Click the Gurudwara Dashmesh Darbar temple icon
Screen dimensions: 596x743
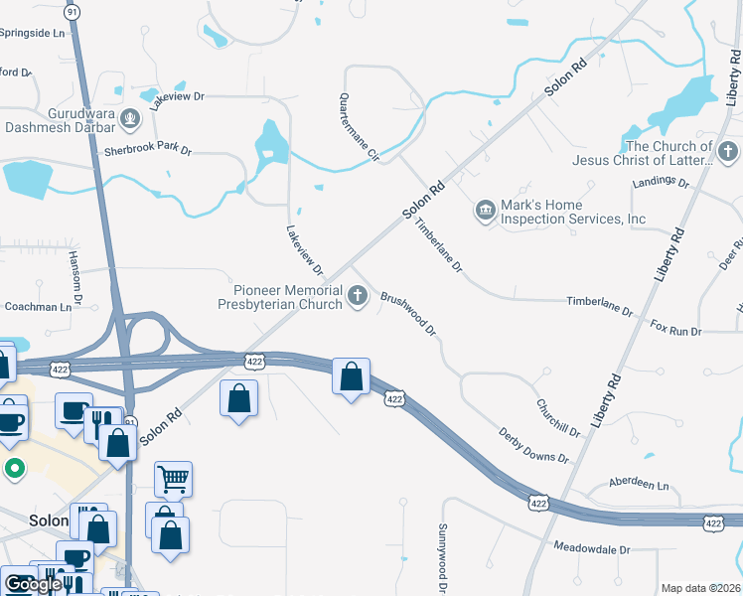(x=129, y=120)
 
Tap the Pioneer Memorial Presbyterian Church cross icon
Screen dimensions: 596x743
(x=358, y=295)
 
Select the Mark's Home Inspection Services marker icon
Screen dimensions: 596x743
(x=485, y=210)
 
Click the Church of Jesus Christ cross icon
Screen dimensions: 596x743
(x=729, y=152)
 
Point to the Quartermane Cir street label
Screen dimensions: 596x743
(x=360, y=127)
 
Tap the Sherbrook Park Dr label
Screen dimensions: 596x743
(x=147, y=150)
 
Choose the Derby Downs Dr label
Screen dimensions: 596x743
(x=534, y=444)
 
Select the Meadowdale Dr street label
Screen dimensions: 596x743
(x=592, y=548)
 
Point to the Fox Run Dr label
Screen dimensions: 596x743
(x=675, y=327)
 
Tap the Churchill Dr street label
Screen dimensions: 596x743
(x=557, y=416)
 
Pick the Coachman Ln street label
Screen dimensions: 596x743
(x=39, y=307)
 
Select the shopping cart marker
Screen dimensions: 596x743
(x=173, y=480)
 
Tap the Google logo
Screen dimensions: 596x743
(x=32, y=584)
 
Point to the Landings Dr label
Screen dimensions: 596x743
(x=661, y=183)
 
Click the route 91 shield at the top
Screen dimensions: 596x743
(x=72, y=12)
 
